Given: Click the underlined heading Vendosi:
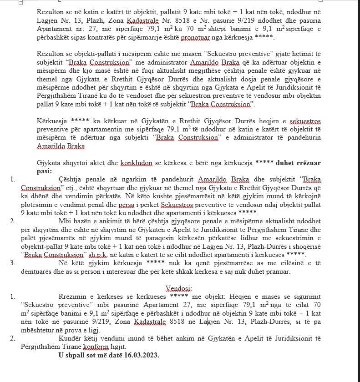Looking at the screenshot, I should click(179, 288).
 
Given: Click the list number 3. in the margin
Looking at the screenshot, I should click(12, 263).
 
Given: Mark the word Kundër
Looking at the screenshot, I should click(71, 338).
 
